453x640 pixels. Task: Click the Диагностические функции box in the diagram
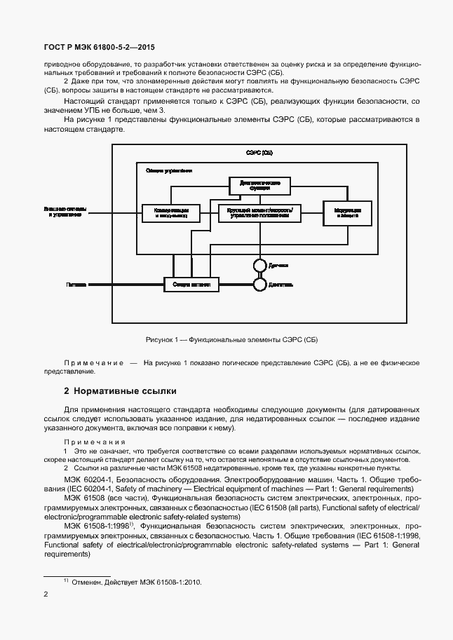click(259, 185)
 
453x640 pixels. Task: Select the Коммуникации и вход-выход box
click(171, 212)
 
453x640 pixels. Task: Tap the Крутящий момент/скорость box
click(259, 212)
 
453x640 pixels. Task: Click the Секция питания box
click(191, 285)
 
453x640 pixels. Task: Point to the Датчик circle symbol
click(259, 265)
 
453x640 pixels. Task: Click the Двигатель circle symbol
click(259, 285)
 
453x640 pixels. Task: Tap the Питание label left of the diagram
click(76, 285)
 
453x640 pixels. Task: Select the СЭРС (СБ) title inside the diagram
click(259, 153)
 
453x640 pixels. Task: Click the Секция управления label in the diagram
click(169, 170)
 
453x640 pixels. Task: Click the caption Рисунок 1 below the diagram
click(231, 340)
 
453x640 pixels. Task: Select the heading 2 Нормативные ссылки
click(120, 390)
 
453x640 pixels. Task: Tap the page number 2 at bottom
click(46, 594)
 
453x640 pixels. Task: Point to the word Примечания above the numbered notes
click(95, 442)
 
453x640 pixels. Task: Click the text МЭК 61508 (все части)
click(103, 497)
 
